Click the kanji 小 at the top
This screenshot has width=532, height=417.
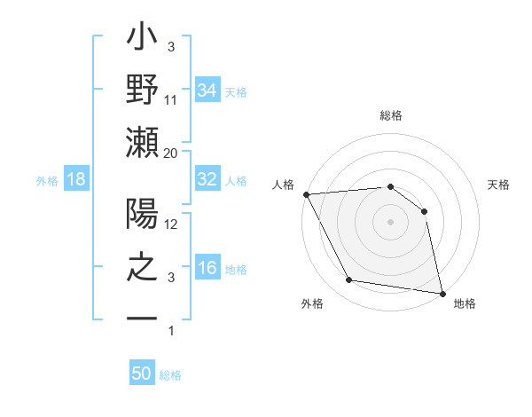tap(143, 40)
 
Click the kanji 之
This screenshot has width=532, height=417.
tap(143, 269)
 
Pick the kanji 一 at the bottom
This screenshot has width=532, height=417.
tap(143, 318)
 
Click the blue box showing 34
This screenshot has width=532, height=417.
tap(207, 90)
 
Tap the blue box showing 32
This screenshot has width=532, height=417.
tap(207, 179)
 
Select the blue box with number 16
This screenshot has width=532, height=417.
tap(207, 269)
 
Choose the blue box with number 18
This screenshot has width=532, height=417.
tap(76, 180)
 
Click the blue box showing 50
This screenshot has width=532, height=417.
tap(142, 374)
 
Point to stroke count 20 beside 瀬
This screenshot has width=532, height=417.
tap(171, 153)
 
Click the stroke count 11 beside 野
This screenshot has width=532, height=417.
tap(171, 99)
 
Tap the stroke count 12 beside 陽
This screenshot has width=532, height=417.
tap(171, 225)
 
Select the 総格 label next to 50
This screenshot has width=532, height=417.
tap(170, 375)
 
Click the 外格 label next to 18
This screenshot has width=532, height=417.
tap(47, 181)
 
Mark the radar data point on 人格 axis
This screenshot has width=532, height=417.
tap(306, 194)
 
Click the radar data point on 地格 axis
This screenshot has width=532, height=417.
tap(441, 292)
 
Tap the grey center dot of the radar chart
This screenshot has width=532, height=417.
tap(390, 221)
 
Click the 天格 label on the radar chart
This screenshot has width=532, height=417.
tap(498, 185)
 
